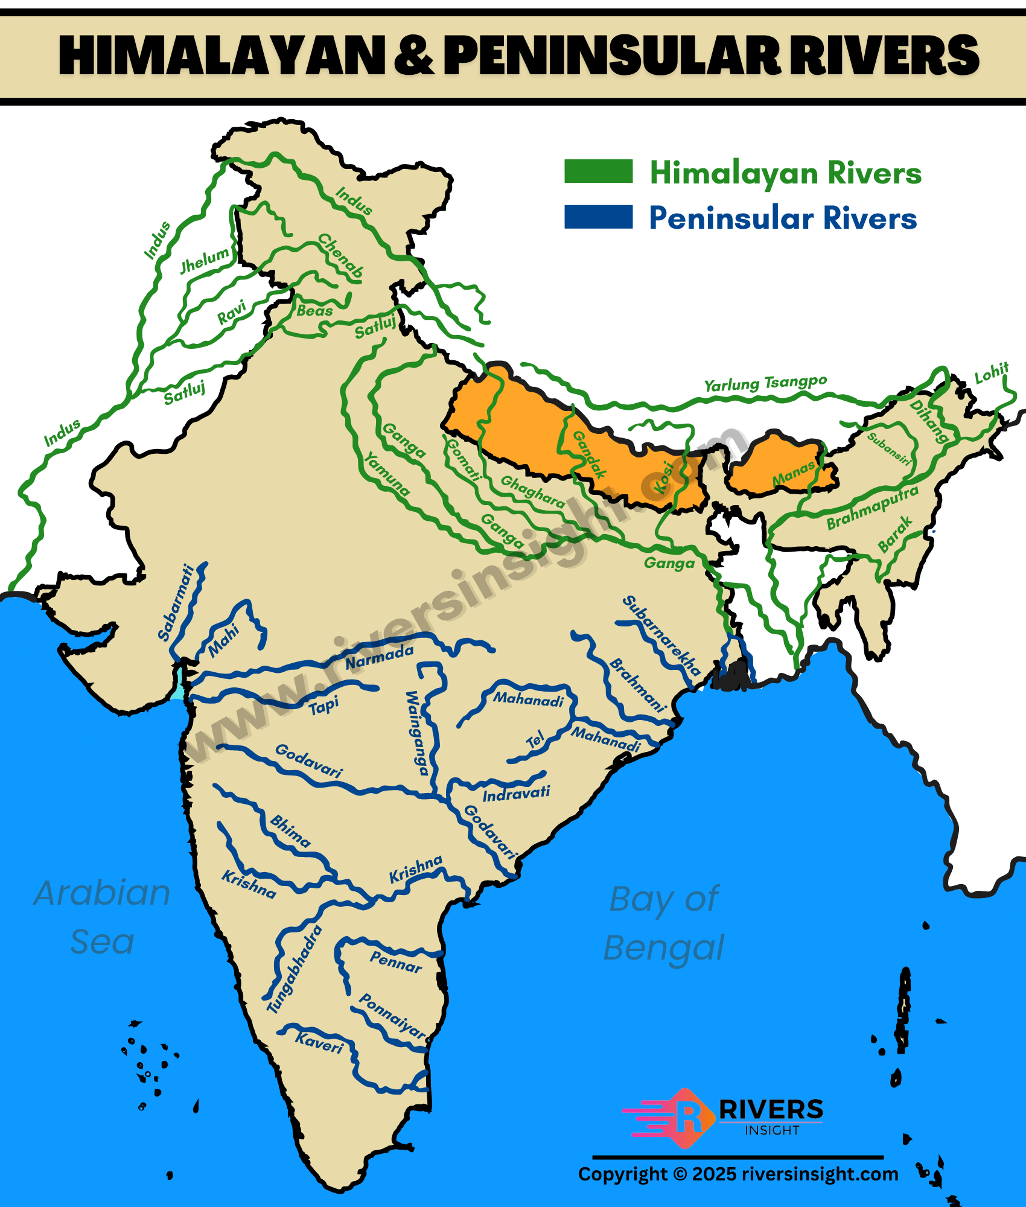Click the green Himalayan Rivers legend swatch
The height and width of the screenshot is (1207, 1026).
point(598,171)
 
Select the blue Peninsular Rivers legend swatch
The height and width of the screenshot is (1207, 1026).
point(598,217)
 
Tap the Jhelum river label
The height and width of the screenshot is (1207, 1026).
point(205,260)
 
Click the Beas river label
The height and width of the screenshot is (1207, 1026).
point(314,311)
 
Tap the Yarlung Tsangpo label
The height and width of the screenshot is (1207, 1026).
point(765,383)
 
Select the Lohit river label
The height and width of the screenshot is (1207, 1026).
point(992,374)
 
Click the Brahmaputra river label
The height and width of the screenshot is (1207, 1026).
point(872,508)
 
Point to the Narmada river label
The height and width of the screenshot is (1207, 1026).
point(379,657)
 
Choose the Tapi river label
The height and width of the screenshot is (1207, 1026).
point(324,705)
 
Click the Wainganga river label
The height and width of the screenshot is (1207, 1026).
point(416,733)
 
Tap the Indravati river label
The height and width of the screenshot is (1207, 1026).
point(516,794)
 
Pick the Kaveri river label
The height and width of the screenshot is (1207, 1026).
point(319,1042)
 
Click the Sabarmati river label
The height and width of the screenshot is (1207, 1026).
point(176,602)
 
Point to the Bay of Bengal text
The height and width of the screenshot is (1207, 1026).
point(664,923)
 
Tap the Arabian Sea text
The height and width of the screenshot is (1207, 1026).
point(102,917)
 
